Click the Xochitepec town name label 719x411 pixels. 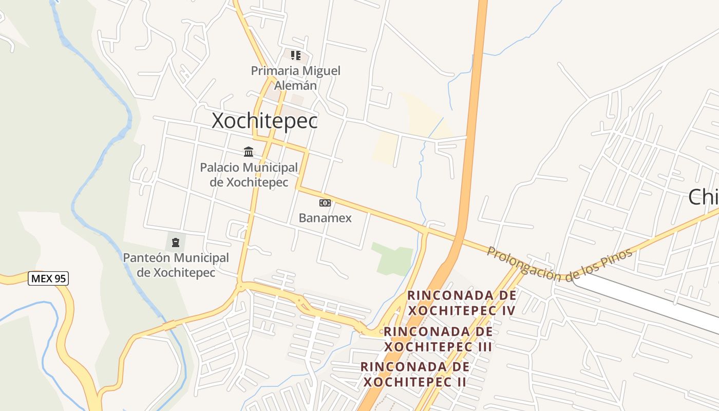click(x=264, y=121)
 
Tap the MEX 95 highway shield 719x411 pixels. click(x=48, y=278)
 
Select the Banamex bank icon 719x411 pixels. click(x=325, y=203)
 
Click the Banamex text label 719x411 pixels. click(x=325, y=218)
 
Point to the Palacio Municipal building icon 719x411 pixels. click(x=249, y=152)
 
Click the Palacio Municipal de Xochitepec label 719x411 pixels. click(x=249, y=175)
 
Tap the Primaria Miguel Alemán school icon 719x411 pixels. click(x=295, y=55)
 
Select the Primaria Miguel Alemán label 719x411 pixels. click(x=295, y=78)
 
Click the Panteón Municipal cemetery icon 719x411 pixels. click(x=176, y=242)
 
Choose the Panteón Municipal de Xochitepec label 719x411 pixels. click(x=176, y=265)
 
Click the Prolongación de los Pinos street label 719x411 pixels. click(x=559, y=264)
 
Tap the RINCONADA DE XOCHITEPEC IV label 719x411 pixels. click(x=462, y=303)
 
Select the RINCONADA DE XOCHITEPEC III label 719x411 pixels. click(x=438, y=339)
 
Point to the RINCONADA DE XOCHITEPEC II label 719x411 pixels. click(x=414, y=374)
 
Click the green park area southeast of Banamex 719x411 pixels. click(x=393, y=258)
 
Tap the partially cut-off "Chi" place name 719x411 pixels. click(x=704, y=197)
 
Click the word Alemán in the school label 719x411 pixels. click(x=295, y=85)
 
